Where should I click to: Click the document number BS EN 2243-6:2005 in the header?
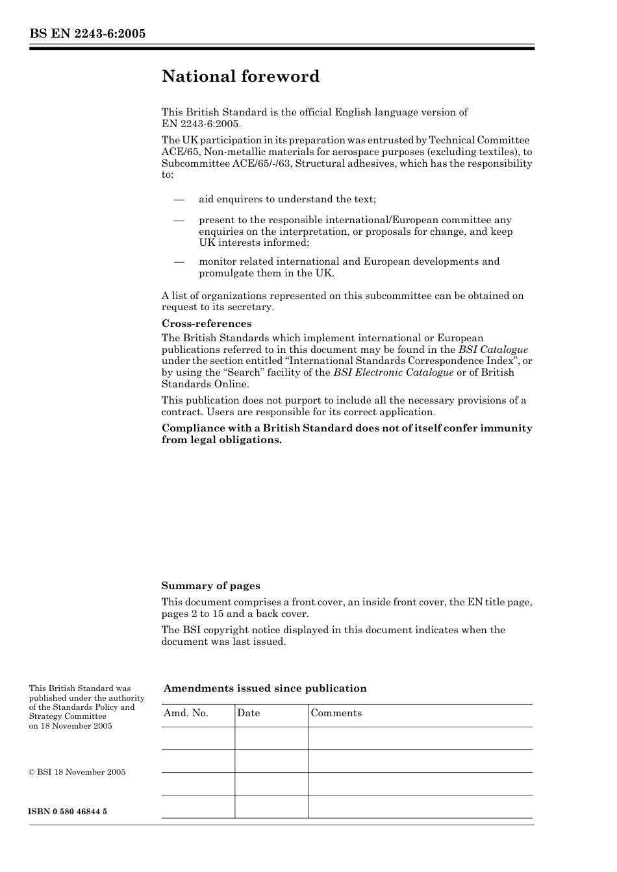[87, 34]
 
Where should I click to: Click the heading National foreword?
[240, 77]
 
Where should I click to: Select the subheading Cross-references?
[206, 324]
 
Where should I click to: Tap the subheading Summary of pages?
[210, 586]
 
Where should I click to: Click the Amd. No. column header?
[186, 713]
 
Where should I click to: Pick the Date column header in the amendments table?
[248, 713]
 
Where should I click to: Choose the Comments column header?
[336, 713]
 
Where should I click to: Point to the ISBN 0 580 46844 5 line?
[68, 812]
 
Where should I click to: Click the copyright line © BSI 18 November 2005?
[77, 772]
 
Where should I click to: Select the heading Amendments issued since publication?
[264, 688]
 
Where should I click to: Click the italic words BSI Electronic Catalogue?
[393, 372]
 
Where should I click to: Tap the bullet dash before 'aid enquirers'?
[179, 200]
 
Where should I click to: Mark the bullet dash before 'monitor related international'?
[179, 261]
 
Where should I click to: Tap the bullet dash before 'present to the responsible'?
[179, 221]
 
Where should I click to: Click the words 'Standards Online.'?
[205, 384]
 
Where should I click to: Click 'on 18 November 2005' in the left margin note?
[70, 726]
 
